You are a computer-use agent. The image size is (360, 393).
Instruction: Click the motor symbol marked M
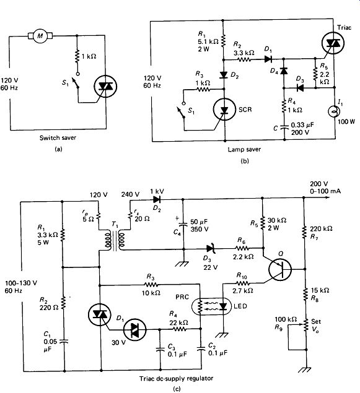pos(40,36)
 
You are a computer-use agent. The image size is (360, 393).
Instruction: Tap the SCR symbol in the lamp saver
pos(224,110)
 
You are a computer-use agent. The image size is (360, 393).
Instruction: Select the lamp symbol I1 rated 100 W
pos(335,111)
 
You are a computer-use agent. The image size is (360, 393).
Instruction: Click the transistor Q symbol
pos(280,269)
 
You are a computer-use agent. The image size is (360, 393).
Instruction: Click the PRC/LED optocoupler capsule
pos(211,306)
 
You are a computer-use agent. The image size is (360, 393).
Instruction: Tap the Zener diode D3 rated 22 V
pos(210,249)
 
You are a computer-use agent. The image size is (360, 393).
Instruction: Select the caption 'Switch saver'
pos(58,137)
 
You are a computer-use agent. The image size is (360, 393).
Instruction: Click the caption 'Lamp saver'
pos(244,149)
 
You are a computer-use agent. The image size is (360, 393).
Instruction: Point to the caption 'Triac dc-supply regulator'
pos(177,378)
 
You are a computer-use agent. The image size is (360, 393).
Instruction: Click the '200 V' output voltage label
pos(319,184)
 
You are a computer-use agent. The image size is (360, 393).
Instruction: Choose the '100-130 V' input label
pos(21,283)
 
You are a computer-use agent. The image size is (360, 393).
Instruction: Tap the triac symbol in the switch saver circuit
pos(105,86)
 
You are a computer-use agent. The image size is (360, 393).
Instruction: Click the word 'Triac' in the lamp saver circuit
pos(344,28)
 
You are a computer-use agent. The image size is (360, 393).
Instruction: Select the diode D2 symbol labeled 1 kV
pos(157,199)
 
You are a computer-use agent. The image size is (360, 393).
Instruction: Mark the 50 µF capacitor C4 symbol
pos(183,225)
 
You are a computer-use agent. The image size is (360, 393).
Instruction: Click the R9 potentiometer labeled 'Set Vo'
pos(306,324)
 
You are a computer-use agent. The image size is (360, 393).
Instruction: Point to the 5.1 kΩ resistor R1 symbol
pos(222,41)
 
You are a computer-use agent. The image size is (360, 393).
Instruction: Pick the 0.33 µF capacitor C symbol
pos(284,127)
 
